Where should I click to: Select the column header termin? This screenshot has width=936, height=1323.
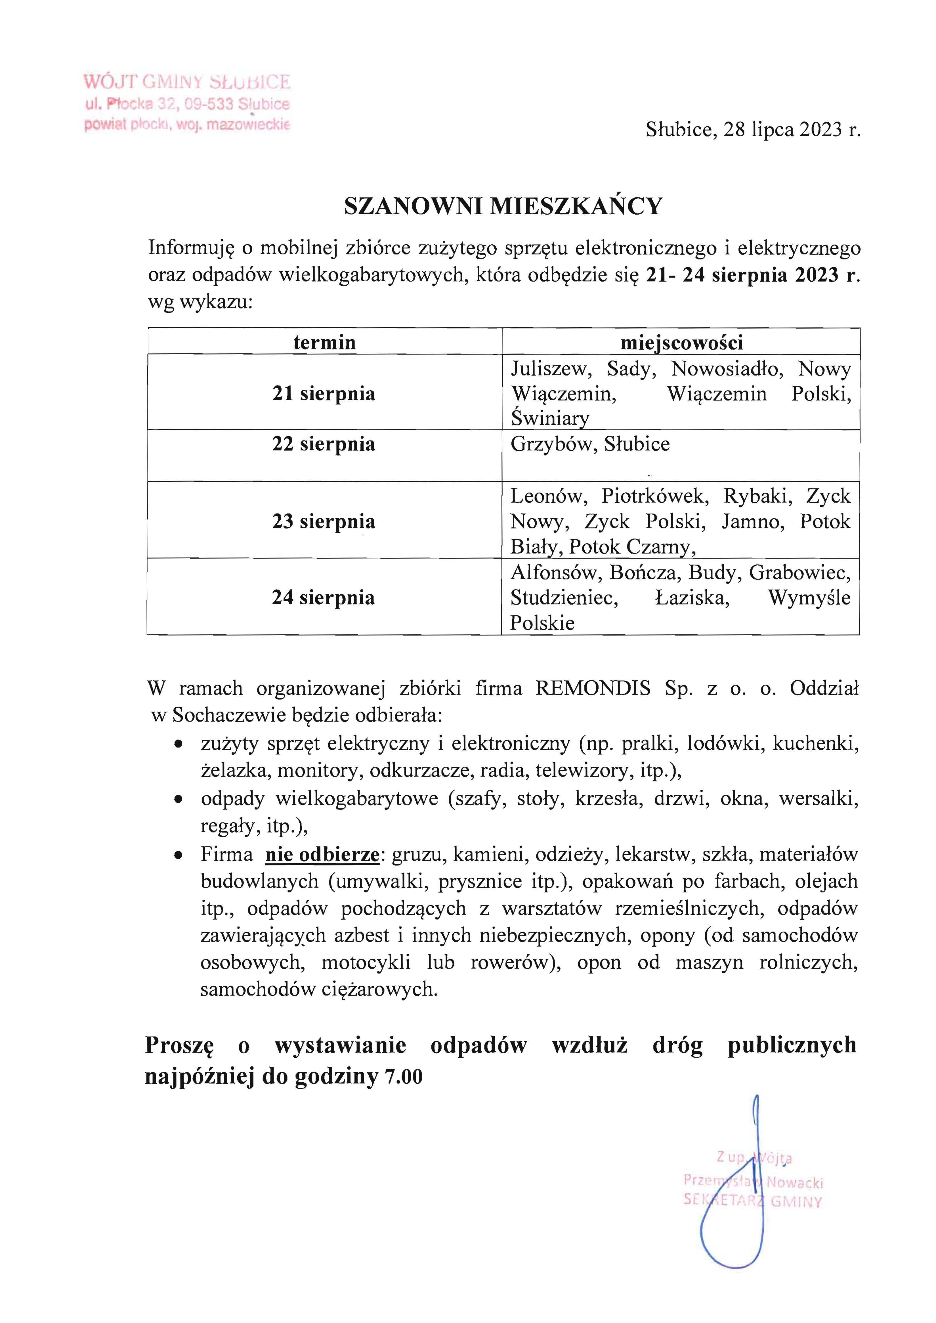click(324, 342)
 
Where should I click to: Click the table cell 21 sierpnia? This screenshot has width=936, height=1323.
click(324, 394)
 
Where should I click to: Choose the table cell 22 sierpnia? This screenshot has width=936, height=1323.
click(324, 444)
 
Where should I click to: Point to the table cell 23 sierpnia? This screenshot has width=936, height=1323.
click(324, 522)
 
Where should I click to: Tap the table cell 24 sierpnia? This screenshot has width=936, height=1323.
click(324, 597)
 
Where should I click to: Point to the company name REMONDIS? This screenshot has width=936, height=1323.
click(593, 688)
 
